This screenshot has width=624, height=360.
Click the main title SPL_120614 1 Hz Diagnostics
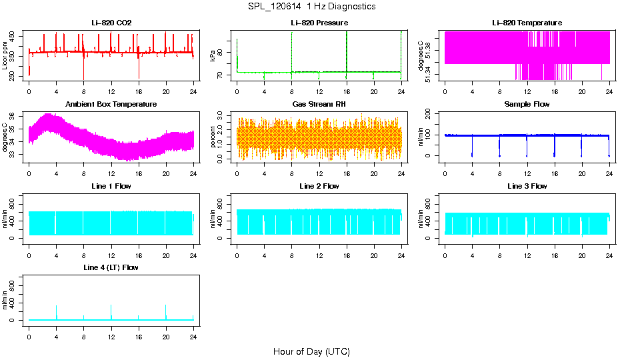coord(311,7)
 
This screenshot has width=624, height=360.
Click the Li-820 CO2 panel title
coord(111,23)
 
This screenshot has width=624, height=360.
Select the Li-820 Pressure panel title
coord(319,23)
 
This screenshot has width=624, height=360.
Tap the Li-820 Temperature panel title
coord(527,23)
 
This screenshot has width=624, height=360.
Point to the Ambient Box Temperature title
coord(111,105)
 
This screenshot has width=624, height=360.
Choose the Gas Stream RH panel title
coord(319,105)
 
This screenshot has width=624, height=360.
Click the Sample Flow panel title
coord(527,105)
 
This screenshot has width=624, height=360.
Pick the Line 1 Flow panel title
coord(111,186)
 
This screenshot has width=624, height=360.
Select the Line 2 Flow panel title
coord(319,186)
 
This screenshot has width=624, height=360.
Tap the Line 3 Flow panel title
coord(527,186)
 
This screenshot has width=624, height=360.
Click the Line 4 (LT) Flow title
coord(111,267)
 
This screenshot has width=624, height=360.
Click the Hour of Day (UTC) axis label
coord(311,351)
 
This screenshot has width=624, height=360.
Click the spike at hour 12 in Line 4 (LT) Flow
coord(111,308)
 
